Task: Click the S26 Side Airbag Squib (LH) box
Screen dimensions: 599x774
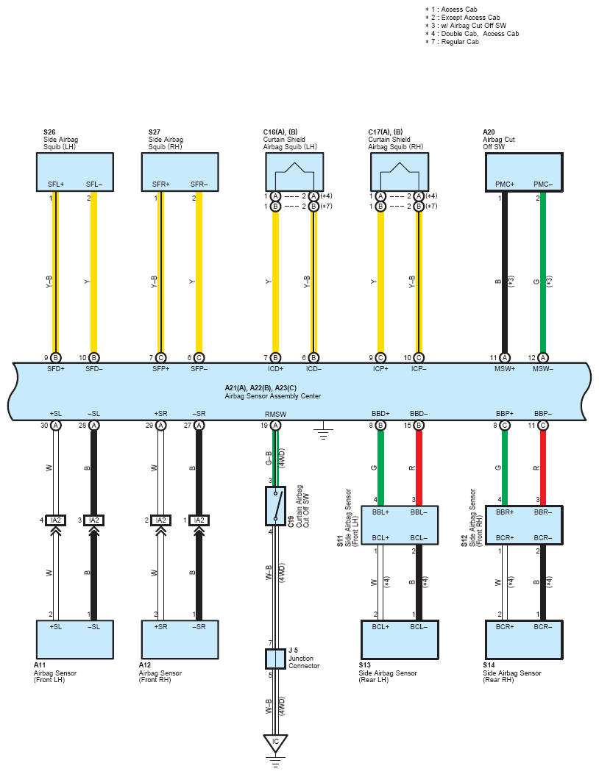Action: pos(74,172)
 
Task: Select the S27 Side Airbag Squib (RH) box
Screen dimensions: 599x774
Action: pos(180,172)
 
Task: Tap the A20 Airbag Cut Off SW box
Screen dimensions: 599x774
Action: pos(524,172)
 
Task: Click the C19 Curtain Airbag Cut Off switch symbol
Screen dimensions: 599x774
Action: pos(275,506)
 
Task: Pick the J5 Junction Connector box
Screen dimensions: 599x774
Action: pos(275,659)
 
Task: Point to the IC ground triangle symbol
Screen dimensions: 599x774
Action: pos(275,743)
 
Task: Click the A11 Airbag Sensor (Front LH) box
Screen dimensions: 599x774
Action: pos(74,639)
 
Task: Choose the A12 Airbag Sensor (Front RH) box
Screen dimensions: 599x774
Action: pos(180,639)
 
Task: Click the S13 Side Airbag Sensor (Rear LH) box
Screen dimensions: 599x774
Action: pos(400,639)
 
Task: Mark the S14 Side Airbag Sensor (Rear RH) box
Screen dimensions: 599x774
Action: pos(524,639)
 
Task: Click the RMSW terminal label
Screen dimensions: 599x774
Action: pos(275,414)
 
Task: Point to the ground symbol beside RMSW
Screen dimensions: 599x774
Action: pos(323,431)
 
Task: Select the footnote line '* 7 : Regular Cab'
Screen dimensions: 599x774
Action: pos(452,42)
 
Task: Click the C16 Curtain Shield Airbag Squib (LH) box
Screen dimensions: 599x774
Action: pos(294,172)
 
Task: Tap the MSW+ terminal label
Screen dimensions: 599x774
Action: pos(505,369)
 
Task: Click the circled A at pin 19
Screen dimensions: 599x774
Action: pos(275,426)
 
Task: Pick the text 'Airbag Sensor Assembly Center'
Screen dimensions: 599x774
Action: pos(273,396)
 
